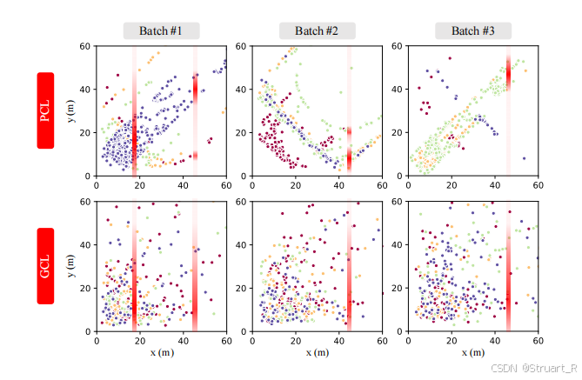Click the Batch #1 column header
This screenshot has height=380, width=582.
pos(161,31)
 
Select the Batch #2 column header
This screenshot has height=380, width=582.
pos(317,31)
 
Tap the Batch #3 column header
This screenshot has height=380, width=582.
pos(473,31)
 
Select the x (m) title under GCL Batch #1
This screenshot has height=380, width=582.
pos(161,352)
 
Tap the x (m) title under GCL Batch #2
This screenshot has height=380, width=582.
pos(317,352)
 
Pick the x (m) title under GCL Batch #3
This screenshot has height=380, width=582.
pos(473,352)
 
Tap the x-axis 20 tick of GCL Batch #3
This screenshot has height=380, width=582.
pos(452,339)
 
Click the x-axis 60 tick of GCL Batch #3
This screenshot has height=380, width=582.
pos(539,339)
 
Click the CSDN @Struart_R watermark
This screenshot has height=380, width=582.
pos(533,369)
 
